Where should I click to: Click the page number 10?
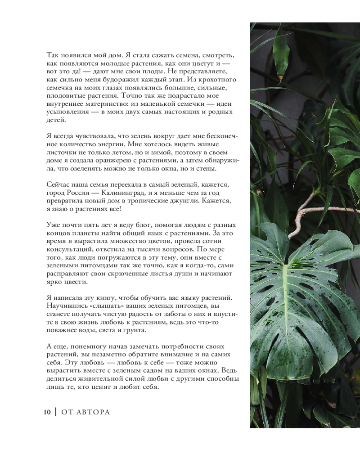coord(47,412)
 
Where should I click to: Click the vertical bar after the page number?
coord(55,412)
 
